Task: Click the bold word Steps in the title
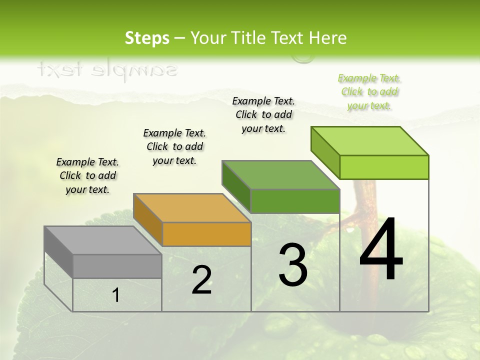click(147, 38)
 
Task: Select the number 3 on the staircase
click(292, 265)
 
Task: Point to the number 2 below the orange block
click(201, 280)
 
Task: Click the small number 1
click(115, 295)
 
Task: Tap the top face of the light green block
click(370, 141)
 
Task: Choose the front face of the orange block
click(206, 234)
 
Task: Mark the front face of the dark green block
click(295, 201)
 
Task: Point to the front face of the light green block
click(384, 167)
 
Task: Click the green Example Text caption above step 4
click(369, 92)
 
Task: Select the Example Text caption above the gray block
click(87, 176)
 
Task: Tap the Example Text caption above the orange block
click(174, 147)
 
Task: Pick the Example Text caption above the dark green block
click(263, 114)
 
